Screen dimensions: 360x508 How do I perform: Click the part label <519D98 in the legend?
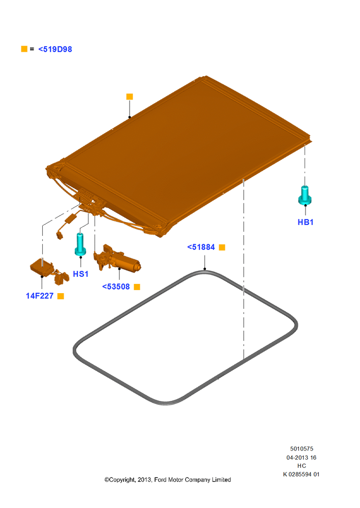click(55, 49)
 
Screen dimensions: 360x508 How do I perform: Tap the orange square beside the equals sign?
click(24, 49)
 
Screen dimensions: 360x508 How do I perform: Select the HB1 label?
click(306, 223)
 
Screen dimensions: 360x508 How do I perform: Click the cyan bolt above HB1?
click(305, 196)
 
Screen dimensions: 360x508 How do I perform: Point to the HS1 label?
click(81, 274)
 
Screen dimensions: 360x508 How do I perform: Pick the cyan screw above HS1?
click(80, 244)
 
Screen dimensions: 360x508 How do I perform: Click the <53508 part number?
click(116, 287)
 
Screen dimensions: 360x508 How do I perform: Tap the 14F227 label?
click(40, 296)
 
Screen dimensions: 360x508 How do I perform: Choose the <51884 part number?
click(201, 247)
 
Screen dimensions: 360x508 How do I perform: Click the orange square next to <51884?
click(222, 247)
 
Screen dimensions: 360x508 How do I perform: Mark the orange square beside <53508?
click(137, 287)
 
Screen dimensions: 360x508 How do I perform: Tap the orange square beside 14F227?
click(61, 296)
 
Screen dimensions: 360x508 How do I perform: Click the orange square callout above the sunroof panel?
click(129, 97)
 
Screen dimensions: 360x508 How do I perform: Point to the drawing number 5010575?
click(302, 449)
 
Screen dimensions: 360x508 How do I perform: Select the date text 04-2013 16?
click(302, 458)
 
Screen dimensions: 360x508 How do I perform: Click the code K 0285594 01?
click(302, 474)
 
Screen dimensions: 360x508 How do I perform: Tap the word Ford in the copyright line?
click(161, 480)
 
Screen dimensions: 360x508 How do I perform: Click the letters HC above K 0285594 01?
click(302, 466)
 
